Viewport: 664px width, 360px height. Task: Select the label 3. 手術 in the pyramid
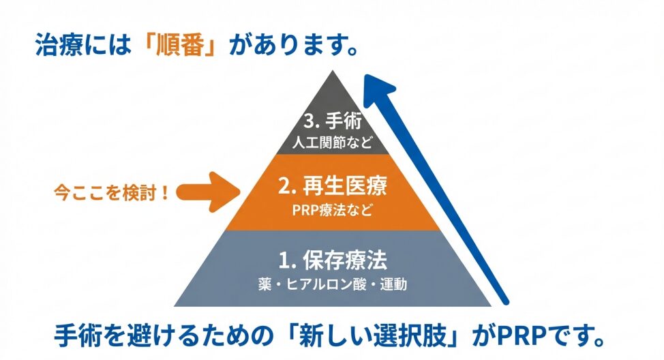pos(332,122)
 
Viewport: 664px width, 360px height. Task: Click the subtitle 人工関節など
pos(332,144)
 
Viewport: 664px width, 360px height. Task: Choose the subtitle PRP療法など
pos(332,209)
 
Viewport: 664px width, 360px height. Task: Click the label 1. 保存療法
pos(332,260)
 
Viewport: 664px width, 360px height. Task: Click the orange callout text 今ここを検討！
pos(112,192)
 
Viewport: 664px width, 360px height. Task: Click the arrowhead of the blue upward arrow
pos(379,89)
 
